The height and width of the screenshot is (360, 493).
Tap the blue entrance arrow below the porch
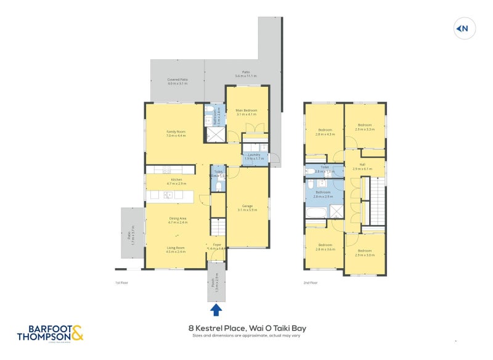coord(216,308)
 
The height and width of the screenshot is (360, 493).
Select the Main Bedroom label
coord(246,112)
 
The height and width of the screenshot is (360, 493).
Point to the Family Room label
coord(176,133)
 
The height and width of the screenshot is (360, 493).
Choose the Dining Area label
coord(177,220)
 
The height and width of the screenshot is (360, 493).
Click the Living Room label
coord(176,249)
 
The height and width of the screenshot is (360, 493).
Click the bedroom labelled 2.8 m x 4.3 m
coord(325,132)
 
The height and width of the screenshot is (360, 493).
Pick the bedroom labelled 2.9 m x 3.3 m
coord(364,127)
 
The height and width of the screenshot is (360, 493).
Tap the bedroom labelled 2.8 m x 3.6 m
coord(325,247)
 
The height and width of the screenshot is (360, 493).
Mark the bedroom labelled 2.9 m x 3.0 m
coord(364,252)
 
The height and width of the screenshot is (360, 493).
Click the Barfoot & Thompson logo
coord(50,332)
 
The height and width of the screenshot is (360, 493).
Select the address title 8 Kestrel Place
coord(246,329)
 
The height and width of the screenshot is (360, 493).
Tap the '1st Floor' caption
coord(121,282)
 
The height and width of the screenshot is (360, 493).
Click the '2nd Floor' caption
coord(310,282)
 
